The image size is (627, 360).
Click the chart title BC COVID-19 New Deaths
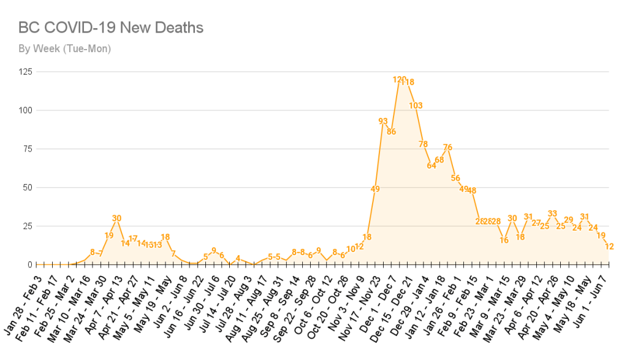(111, 28)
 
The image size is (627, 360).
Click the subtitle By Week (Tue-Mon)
(64, 48)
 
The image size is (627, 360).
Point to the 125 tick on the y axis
(26, 72)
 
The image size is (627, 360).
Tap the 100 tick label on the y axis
(26, 110)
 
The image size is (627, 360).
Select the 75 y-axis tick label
(28, 149)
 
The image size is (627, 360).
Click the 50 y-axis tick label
(28, 188)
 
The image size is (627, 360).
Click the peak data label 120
(399, 79)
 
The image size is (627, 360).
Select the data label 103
(416, 105)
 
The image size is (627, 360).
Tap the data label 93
(383, 121)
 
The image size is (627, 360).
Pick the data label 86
(391, 131)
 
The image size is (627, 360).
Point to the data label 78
(424, 144)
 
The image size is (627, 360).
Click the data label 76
(447, 147)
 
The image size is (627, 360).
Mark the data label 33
(552, 213)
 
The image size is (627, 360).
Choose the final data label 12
(609, 246)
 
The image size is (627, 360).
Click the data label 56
(455, 178)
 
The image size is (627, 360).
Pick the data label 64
(431, 165)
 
